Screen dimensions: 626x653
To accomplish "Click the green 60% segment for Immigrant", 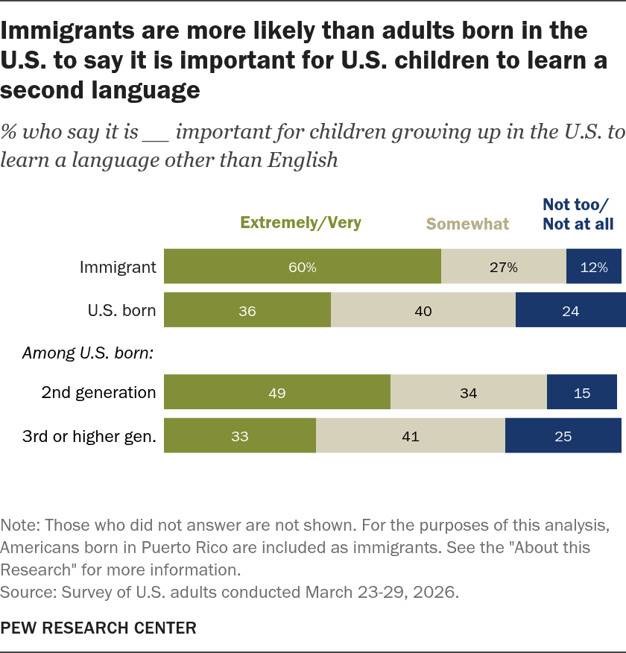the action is [x=303, y=267].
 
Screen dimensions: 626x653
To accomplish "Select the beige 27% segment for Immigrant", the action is [x=504, y=267].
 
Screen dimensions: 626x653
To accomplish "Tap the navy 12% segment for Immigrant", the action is [x=594, y=267].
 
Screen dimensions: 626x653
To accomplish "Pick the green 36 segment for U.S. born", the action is [x=247, y=310].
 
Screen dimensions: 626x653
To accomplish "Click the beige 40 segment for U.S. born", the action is [x=423, y=310].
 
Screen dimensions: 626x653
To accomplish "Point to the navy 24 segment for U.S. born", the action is [x=571, y=310].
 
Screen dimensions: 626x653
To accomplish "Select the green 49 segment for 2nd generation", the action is [x=277, y=392].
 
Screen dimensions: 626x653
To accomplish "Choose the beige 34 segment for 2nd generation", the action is [x=469, y=392].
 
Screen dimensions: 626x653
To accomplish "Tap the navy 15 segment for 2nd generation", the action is [x=582, y=392].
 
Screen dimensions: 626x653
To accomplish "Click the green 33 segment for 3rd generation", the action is [x=240, y=435].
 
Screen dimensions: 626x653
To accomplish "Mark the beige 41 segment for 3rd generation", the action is [x=411, y=435].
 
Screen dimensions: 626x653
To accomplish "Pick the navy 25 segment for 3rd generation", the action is [x=563, y=435].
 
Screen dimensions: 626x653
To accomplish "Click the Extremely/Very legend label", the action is [x=300, y=223].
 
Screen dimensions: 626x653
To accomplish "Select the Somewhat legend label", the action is [x=467, y=224].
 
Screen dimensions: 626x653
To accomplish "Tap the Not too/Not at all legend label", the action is [x=578, y=215].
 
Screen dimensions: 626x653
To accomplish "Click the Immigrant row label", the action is [x=118, y=268].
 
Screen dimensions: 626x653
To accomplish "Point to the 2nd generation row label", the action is [x=98, y=393].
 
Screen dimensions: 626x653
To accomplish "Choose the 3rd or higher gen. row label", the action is [x=89, y=436].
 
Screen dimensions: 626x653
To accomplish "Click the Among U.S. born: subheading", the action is [x=88, y=353].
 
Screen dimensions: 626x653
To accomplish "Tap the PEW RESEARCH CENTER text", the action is [x=98, y=628].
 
